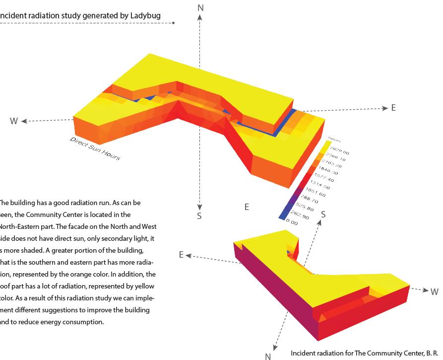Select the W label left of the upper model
(x=14, y=121)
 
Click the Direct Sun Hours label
(x=95, y=148)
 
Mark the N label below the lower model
(x=268, y=356)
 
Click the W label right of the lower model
(x=434, y=292)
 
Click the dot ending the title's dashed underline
(x=173, y=23)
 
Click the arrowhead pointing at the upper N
(x=200, y=16)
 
